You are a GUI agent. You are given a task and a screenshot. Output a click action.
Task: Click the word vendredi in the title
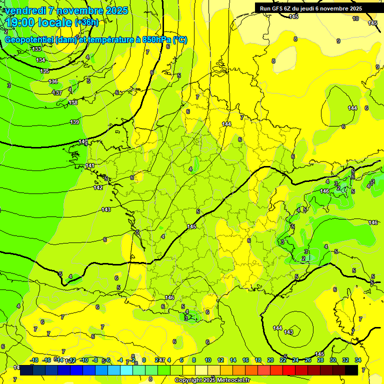tap(24, 10)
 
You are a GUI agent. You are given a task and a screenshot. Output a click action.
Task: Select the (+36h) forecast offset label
tap(86, 22)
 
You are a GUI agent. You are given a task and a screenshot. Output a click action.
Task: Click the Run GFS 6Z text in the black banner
tap(277, 8)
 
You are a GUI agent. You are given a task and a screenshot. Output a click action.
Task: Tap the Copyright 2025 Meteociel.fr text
tap(212, 380)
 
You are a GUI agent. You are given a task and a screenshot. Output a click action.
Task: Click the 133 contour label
tap(36, 49)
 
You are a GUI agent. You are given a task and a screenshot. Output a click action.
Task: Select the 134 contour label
tap(40, 60)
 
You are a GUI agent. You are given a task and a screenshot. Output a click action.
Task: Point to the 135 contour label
tap(44, 71)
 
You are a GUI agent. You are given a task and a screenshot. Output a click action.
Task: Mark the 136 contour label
tap(53, 81)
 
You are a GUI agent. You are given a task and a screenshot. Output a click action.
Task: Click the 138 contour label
tap(73, 102)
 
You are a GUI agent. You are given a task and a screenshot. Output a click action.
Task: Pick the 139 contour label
tap(75, 122)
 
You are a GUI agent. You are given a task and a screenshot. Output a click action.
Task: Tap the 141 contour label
tap(90, 165)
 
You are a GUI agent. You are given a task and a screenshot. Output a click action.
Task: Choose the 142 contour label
tap(98, 187)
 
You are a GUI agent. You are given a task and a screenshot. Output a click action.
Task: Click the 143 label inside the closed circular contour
tap(288, 332)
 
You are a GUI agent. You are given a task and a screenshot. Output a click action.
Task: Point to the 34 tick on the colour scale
tap(358, 360)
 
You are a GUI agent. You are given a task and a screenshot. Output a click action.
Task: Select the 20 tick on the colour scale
tap(270, 360)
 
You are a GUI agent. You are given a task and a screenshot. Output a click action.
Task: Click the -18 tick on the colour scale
tap(34, 360)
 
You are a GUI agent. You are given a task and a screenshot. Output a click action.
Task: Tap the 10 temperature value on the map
tap(355, 18)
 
